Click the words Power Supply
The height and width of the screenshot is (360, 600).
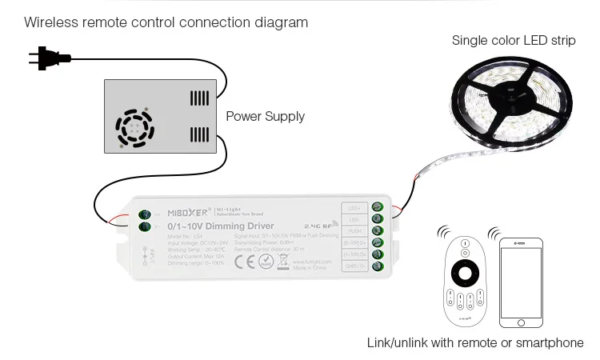click(x=265, y=116)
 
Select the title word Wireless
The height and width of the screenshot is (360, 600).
click(x=50, y=22)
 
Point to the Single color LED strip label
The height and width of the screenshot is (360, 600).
click(x=513, y=40)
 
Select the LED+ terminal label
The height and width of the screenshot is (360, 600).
click(x=354, y=208)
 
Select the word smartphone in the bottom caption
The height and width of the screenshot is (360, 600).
click(x=547, y=342)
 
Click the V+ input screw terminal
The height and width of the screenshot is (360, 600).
click(x=146, y=214)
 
